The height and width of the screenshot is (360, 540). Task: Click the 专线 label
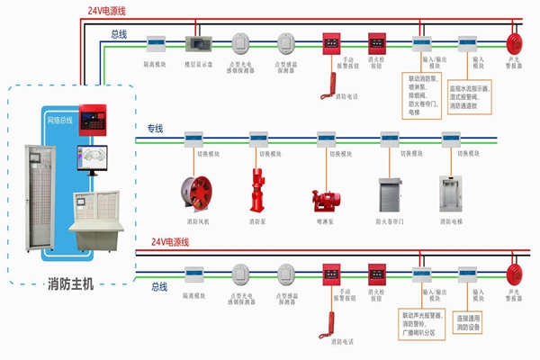click(157, 130)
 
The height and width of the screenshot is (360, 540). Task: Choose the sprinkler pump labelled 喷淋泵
click(325, 200)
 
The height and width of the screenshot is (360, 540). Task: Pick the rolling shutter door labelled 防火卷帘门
click(390, 193)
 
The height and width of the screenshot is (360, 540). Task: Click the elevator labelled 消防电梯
click(449, 193)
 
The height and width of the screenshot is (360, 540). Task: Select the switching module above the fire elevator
click(449, 140)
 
